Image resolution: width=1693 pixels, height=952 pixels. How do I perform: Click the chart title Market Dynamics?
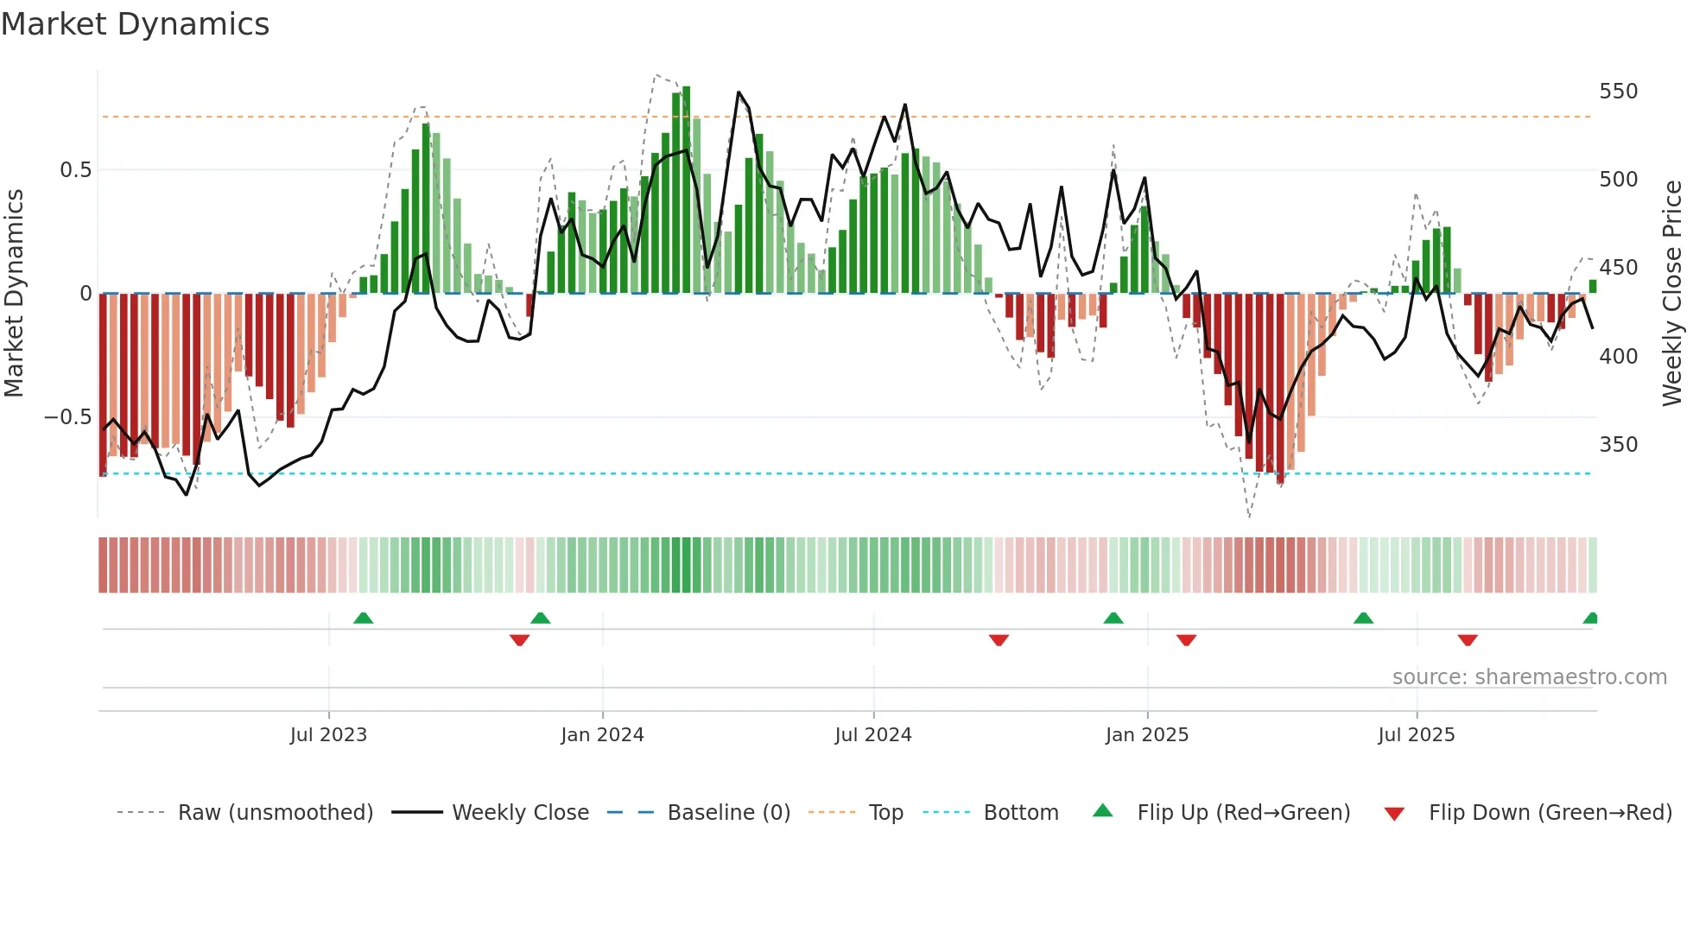pyautogui.click(x=135, y=24)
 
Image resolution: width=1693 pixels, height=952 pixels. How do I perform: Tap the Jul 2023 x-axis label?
pyautogui.click(x=328, y=735)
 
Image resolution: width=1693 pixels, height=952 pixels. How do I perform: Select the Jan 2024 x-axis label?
pyautogui.click(x=602, y=735)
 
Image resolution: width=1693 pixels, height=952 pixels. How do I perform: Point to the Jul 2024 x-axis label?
pyautogui.click(x=873, y=735)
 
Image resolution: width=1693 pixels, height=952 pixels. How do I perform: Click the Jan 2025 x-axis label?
pyautogui.click(x=1147, y=735)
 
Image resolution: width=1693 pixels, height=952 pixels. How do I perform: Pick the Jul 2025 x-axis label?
pyautogui.click(x=1417, y=735)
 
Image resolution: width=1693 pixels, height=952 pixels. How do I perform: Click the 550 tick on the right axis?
pyautogui.click(x=1618, y=92)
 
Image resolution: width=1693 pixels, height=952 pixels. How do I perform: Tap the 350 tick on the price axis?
pyautogui.click(x=1618, y=445)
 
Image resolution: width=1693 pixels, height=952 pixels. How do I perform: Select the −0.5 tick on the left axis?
pyautogui.click(x=67, y=417)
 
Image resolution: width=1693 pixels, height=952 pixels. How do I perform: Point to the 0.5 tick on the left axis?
pyautogui.click(x=75, y=170)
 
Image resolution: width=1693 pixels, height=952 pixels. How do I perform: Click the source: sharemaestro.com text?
pyautogui.click(x=1529, y=677)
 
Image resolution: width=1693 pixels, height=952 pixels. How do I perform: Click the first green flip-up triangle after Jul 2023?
pyautogui.click(x=363, y=618)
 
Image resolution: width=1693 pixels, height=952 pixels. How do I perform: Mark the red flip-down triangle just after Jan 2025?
pyautogui.click(x=1186, y=640)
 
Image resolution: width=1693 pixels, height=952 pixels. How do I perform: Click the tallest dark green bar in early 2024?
pyautogui.click(x=686, y=190)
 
